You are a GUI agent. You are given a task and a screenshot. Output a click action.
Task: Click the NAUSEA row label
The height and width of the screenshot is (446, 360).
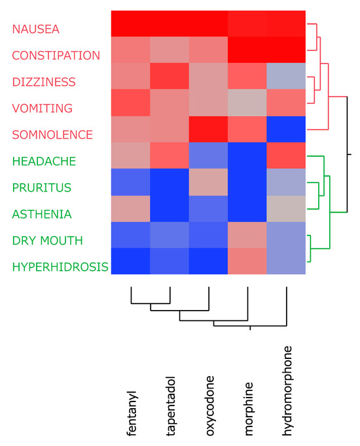pos(35,29)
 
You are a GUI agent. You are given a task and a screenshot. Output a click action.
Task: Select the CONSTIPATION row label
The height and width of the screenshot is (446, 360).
pos(56,56)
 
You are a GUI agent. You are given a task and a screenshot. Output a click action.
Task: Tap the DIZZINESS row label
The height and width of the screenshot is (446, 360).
pos(44,82)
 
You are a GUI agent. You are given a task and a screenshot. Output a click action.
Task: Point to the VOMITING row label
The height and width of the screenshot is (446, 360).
pos(43,108)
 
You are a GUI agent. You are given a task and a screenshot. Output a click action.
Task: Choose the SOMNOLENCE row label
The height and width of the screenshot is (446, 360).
pos(52,135)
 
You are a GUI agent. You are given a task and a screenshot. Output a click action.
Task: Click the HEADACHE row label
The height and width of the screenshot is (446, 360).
pos(44,161)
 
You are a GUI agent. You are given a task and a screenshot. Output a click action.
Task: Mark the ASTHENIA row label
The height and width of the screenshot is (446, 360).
pos(42,214)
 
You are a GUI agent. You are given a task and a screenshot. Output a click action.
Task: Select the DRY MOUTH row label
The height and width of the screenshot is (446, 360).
pos(47,240)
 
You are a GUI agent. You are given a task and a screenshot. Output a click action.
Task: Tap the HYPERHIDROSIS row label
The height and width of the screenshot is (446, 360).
pos(60,267)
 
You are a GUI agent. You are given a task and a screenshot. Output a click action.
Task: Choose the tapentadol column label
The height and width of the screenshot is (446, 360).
pos(171,405)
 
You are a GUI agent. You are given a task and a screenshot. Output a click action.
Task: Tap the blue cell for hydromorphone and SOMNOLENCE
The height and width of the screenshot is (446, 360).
pos(286,129)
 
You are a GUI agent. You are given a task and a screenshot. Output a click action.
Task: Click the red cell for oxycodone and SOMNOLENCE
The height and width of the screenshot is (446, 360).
pos(209,129)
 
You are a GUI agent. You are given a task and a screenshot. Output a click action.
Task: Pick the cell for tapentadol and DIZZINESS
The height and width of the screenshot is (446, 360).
pos(170,77)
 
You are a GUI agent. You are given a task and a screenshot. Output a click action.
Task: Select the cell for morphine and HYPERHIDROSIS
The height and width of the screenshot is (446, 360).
pos(247,262)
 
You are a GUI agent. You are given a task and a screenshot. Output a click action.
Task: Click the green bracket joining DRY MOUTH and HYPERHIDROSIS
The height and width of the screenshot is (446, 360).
pos(311,249)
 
